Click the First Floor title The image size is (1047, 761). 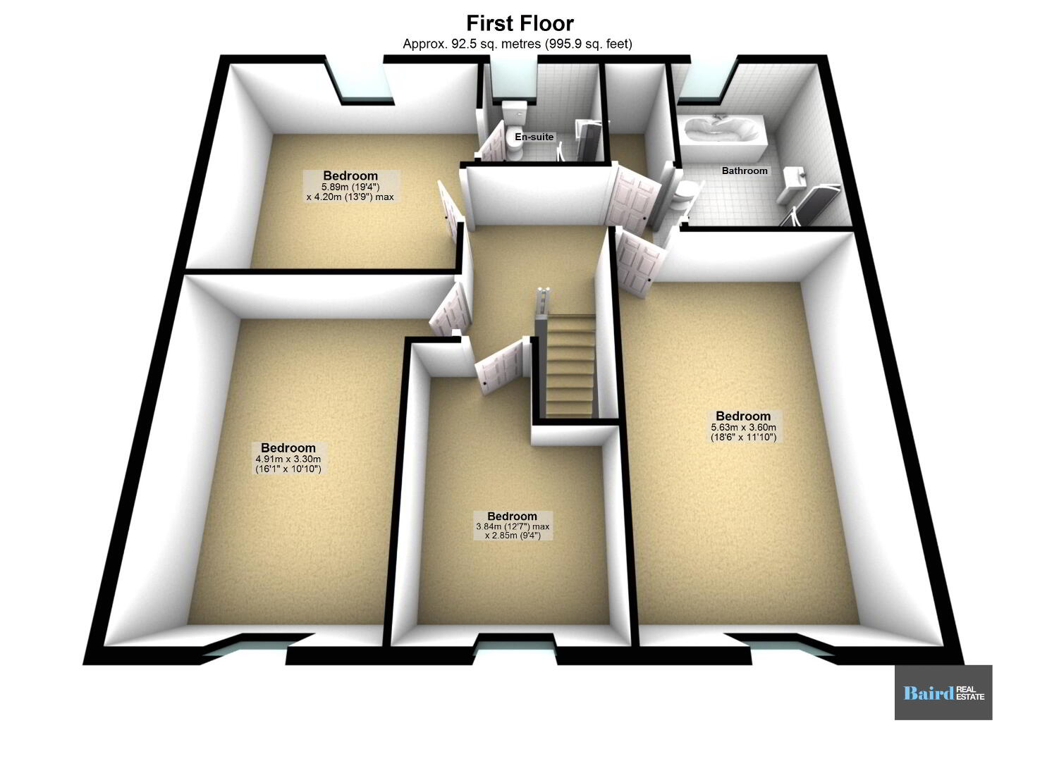[520, 23]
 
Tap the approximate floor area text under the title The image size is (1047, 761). [518, 44]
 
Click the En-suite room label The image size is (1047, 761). [534, 137]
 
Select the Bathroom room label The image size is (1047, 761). [745, 171]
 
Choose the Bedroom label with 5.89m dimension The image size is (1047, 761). [350, 175]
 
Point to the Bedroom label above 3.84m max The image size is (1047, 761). [513, 516]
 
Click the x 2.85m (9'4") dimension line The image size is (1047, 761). [513, 536]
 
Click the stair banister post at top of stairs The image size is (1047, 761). [544, 304]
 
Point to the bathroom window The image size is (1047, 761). [705, 80]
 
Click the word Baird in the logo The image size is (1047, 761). [929, 693]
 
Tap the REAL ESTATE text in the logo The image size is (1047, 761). [970, 693]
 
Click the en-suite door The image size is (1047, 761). [490, 142]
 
